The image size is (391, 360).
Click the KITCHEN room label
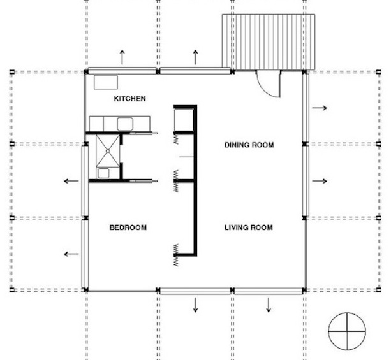(129, 99)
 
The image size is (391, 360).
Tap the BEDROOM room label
(128, 227)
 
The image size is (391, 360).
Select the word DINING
(237, 145)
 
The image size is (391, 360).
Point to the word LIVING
(237, 227)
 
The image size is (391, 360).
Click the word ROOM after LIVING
(262, 227)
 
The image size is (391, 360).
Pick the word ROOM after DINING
(263, 145)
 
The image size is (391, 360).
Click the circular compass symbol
(347, 331)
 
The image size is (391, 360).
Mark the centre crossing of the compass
(347, 331)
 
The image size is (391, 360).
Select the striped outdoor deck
(269, 42)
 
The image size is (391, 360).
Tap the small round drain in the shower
(108, 151)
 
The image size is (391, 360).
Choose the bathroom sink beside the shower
(103, 173)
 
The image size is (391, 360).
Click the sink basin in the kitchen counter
(125, 124)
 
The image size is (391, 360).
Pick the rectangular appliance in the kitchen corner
(106, 82)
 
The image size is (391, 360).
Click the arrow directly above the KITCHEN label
(122, 57)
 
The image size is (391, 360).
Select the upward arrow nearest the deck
(195, 57)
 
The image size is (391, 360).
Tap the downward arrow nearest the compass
(269, 305)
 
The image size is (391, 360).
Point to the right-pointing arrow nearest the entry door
(320, 108)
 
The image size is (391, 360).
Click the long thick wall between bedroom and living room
(195, 180)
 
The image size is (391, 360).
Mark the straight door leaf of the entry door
(280, 85)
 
